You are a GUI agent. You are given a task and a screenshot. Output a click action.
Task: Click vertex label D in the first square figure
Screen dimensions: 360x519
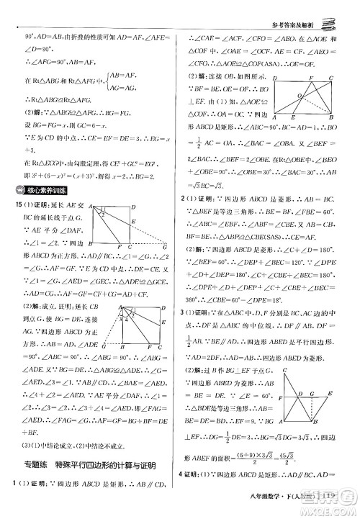(x=135, y=208)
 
